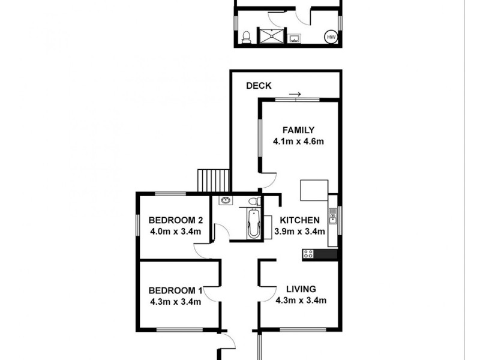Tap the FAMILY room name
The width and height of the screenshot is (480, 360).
[298, 130]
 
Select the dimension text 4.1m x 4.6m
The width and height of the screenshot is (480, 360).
[298, 142]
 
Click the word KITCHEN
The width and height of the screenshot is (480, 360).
[296, 220]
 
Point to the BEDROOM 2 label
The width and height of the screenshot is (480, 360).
[174, 219]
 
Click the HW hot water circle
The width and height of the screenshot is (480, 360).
[331, 37]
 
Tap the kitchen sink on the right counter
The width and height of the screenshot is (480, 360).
[332, 215]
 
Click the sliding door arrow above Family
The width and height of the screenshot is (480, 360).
[295, 94]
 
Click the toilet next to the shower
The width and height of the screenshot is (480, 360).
[245, 38]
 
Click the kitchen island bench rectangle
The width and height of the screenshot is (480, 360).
[314, 191]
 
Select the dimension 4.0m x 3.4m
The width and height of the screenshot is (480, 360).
[175, 231]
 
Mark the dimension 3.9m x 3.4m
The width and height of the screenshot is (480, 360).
[299, 232]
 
